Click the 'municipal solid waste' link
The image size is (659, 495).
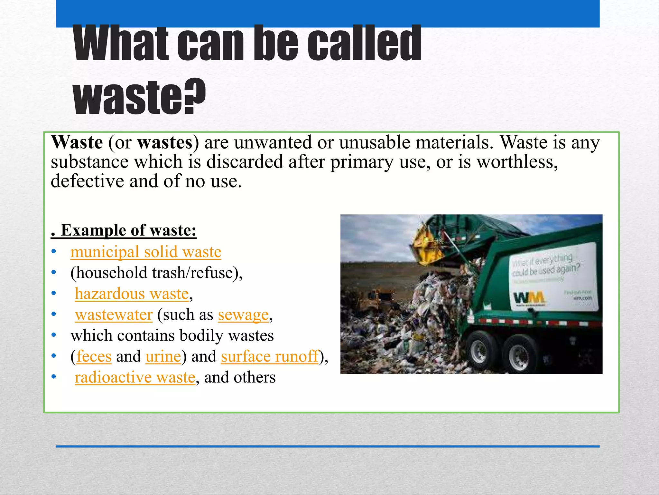click(146, 252)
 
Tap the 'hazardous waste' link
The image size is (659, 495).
click(132, 294)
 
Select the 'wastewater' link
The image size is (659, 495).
click(114, 315)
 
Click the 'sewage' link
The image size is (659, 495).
click(243, 315)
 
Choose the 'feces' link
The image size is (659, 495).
click(94, 356)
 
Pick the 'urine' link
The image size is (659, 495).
click(163, 356)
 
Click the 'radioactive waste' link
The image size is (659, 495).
click(135, 377)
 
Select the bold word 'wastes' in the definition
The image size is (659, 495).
click(165, 142)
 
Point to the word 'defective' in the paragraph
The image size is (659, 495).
click(87, 181)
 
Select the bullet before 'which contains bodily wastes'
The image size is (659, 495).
click(54, 335)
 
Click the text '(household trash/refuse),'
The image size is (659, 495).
click(156, 273)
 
